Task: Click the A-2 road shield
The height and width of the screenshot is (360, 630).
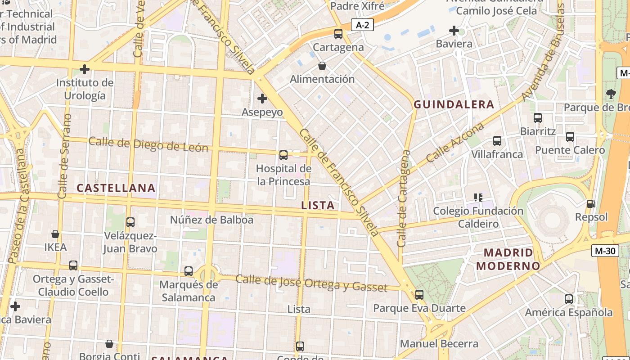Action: click(362, 25)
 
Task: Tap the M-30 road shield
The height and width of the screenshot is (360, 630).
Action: click(605, 251)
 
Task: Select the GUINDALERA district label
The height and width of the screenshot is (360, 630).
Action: click(454, 105)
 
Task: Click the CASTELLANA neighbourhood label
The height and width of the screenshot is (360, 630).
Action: click(116, 188)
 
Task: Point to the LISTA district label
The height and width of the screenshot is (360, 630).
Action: click(318, 206)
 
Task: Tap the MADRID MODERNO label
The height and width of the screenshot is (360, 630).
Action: click(508, 259)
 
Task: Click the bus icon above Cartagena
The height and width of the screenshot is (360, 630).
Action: click(338, 34)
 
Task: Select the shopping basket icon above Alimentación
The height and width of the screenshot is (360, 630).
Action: click(322, 66)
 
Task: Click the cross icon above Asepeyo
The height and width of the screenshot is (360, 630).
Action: click(262, 99)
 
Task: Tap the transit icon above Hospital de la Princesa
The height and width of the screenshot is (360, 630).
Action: click(283, 155)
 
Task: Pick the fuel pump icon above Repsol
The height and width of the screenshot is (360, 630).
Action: click(591, 204)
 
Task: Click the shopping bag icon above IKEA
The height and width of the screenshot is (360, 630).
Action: click(55, 234)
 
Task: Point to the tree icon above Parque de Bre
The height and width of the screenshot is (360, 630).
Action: click(611, 94)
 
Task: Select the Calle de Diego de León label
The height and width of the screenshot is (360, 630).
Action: click(148, 144)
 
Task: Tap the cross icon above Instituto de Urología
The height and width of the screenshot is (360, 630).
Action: click(84, 69)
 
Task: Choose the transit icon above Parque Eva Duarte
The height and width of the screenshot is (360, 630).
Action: click(419, 295)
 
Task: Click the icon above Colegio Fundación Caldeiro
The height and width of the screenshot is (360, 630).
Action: click(478, 197)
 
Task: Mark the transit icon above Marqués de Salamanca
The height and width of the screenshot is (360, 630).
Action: click(189, 271)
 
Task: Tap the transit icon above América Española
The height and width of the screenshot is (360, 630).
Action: click(569, 299)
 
